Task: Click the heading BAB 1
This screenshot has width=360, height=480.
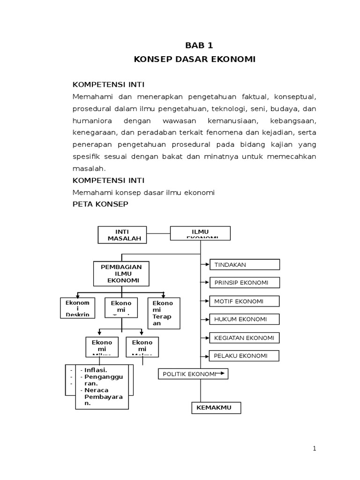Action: [x=199, y=45]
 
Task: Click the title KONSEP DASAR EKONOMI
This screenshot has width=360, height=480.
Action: [x=195, y=60]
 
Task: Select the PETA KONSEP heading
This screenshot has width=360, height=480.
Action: [x=100, y=204]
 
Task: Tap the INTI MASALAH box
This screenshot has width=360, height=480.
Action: [x=122, y=235]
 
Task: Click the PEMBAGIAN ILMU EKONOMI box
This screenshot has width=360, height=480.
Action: [x=121, y=273]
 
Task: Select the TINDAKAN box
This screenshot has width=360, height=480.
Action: [x=244, y=265]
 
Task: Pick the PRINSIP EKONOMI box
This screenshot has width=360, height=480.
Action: [x=244, y=283]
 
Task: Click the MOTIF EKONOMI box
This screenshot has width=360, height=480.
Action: [x=244, y=301]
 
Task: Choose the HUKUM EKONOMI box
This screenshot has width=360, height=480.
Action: [x=244, y=319]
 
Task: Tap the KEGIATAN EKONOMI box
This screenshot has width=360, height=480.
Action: [x=244, y=337]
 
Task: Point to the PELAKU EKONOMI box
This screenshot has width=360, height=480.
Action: [x=244, y=356]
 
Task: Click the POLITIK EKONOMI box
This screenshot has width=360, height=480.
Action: [x=193, y=374]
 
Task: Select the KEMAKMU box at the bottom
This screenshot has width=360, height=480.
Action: [x=216, y=408]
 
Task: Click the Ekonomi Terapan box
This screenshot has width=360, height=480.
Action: [x=163, y=310]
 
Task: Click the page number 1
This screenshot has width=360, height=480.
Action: [x=315, y=449]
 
